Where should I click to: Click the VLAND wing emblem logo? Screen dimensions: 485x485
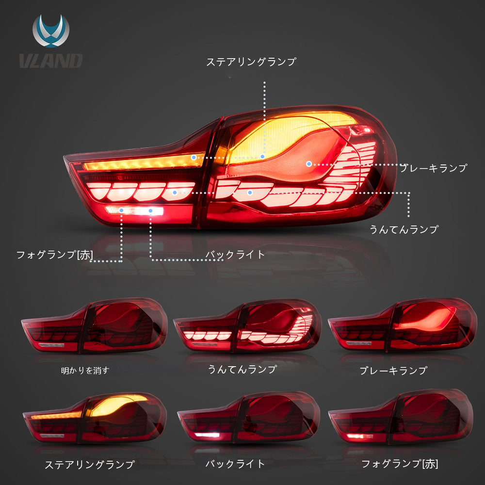pyautogui.click(x=51, y=31)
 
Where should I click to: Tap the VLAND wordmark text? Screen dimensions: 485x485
pyautogui.click(x=51, y=61)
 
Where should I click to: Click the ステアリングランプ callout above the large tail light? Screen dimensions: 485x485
pyautogui.click(x=251, y=62)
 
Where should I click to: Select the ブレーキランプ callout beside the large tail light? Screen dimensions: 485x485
pyautogui.click(x=433, y=168)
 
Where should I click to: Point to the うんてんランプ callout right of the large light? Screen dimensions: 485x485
pyautogui.click(x=404, y=229)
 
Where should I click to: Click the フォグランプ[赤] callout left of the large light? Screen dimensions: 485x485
pyautogui.click(x=55, y=255)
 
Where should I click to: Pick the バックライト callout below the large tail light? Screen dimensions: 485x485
pyautogui.click(x=235, y=255)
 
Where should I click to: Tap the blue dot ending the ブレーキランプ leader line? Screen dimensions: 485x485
pyautogui.click(x=308, y=164)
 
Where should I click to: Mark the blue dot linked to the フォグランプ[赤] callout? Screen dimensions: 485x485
pyautogui.click(x=122, y=210)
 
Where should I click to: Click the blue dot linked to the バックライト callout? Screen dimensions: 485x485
pyautogui.click(x=151, y=210)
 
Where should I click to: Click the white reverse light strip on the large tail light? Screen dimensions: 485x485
pyautogui.click(x=134, y=210)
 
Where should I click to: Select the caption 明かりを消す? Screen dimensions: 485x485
pyautogui.click(x=85, y=370)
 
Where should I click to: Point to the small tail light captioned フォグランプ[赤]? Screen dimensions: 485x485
pyautogui.click(x=401, y=417)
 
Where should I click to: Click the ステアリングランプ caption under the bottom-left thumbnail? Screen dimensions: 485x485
pyautogui.click(x=90, y=465)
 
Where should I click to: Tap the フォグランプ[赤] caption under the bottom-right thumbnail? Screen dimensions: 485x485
pyautogui.click(x=400, y=464)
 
